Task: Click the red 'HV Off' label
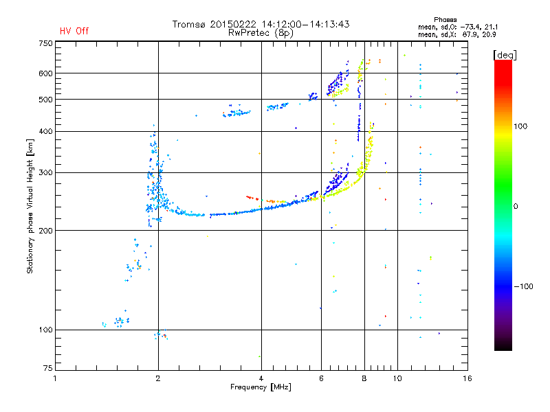click(x=74, y=31)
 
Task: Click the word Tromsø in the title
click(x=189, y=24)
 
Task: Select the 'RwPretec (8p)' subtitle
click(x=261, y=32)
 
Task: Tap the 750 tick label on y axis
click(x=45, y=43)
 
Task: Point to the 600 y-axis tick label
click(x=45, y=73)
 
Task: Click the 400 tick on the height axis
click(x=45, y=131)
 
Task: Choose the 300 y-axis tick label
click(x=45, y=172)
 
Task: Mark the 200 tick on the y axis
click(x=45, y=230)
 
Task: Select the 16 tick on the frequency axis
click(x=466, y=378)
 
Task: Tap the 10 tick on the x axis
click(x=397, y=378)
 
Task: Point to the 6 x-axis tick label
click(x=321, y=378)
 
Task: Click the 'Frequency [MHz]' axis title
click(x=261, y=387)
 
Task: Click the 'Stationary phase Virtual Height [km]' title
click(x=30, y=206)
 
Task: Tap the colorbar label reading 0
click(x=516, y=206)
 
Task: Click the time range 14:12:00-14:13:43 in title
click(x=299, y=24)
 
